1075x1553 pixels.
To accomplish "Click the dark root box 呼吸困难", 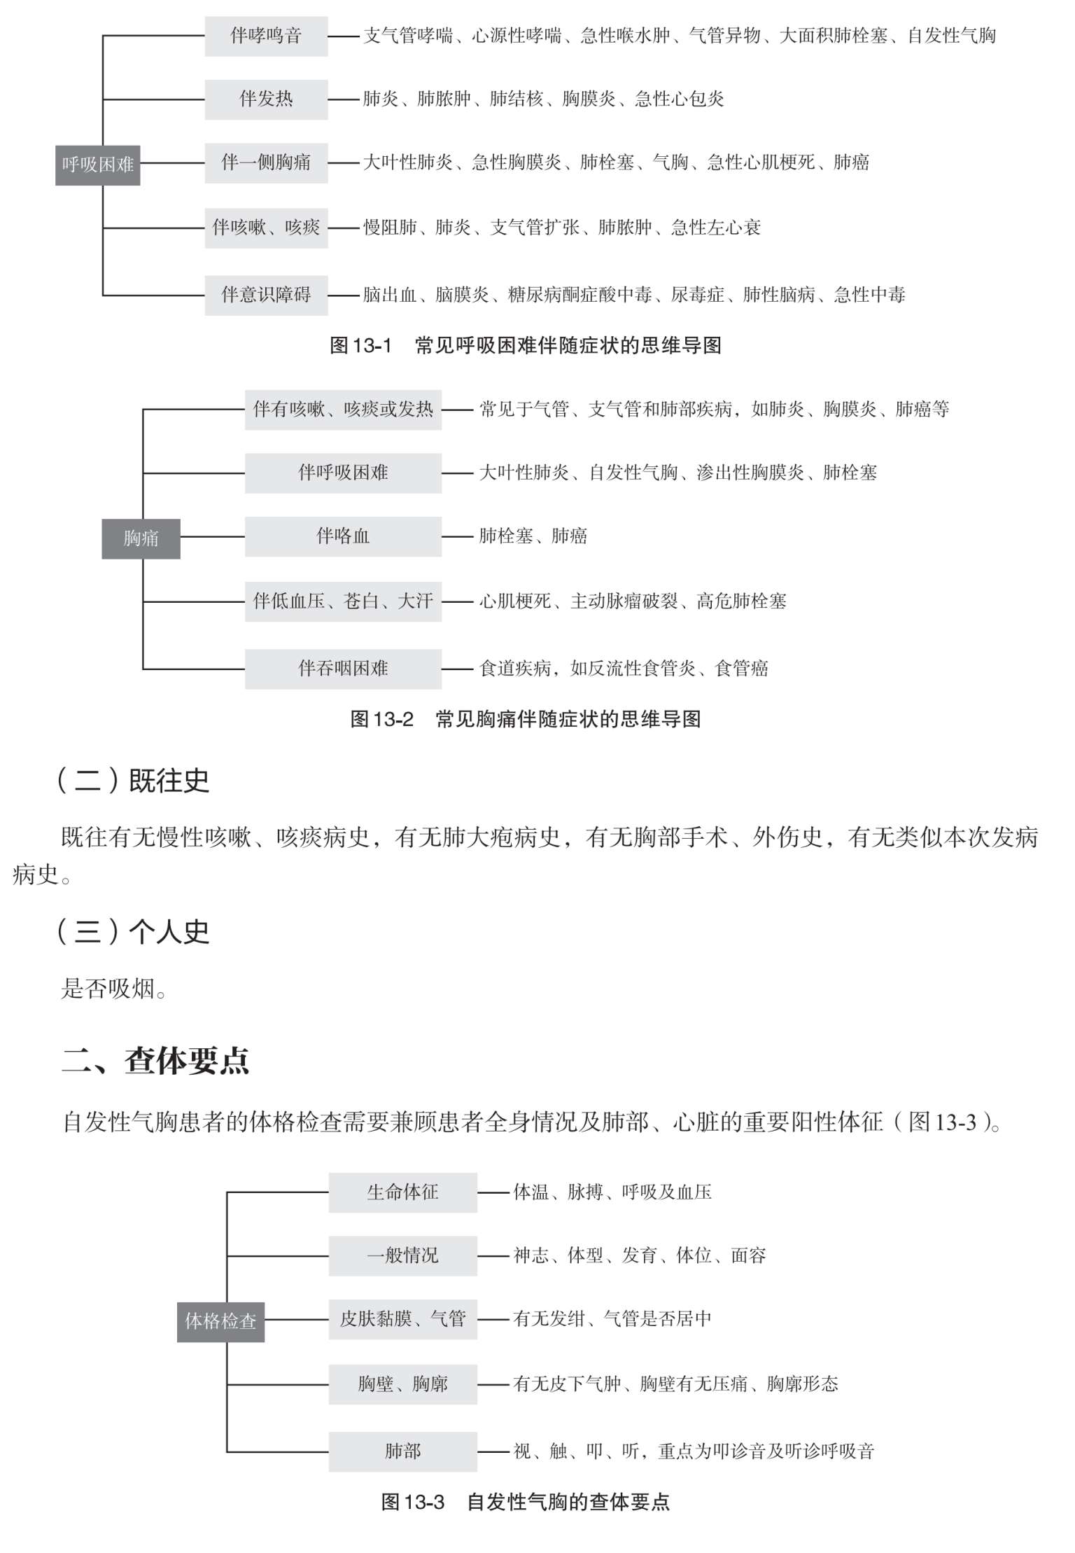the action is tap(98, 165).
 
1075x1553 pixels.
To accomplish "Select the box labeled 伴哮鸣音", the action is tap(266, 36).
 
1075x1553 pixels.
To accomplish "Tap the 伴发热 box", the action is tap(266, 99).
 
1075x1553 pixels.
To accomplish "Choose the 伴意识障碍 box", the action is tap(266, 295).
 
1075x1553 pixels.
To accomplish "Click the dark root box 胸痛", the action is tap(141, 538).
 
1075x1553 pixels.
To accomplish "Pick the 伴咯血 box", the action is tap(343, 536).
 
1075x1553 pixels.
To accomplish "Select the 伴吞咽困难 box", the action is tap(343, 669).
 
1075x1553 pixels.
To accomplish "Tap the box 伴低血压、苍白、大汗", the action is tap(343, 601).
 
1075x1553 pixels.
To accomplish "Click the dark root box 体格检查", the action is tap(220, 1321).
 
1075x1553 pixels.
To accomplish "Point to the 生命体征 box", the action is tap(403, 1192).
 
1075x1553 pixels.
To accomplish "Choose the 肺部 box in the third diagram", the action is tap(403, 1451).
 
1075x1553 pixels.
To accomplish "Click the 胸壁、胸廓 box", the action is tap(403, 1384).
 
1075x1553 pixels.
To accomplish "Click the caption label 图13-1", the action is tap(360, 346).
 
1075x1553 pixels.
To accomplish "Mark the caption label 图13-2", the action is tap(381, 719).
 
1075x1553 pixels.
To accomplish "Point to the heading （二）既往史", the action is tap(133, 781).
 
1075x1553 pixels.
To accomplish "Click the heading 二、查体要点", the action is tap(155, 1061).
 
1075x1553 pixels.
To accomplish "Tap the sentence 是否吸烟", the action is tap(114, 989).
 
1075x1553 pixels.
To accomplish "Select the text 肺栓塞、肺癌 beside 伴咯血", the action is tap(533, 536).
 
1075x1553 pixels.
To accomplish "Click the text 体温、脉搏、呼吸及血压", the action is tap(612, 1192).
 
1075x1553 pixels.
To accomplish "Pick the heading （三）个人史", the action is tap(133, 931).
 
